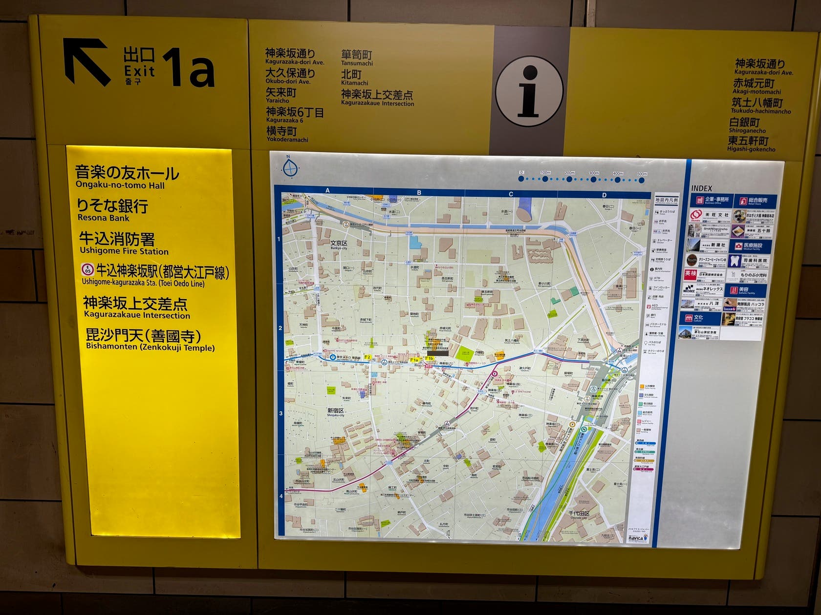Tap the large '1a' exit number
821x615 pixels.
click(189, 68)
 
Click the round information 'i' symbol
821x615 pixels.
click(529, 91)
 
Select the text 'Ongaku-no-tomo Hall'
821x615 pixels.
click(120, 185)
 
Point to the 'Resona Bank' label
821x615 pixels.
click(103, 218)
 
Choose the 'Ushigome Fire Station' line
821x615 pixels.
click(124, 251)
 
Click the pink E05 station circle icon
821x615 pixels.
click(87, 269)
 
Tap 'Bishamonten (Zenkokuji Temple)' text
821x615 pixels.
click(151, 348)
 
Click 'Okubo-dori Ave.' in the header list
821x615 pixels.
click(288, 82)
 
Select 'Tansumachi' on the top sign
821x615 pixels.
click(357, 63)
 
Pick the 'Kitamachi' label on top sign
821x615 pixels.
click(354, 83)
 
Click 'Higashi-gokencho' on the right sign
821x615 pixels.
click(751, 149)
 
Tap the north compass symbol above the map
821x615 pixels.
click(290, 167)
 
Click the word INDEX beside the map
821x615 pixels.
click(701, 188)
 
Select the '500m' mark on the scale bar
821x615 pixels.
click(642, 174)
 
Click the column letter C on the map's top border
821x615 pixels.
click(511, 194)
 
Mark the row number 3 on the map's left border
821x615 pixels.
click(281, 413)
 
